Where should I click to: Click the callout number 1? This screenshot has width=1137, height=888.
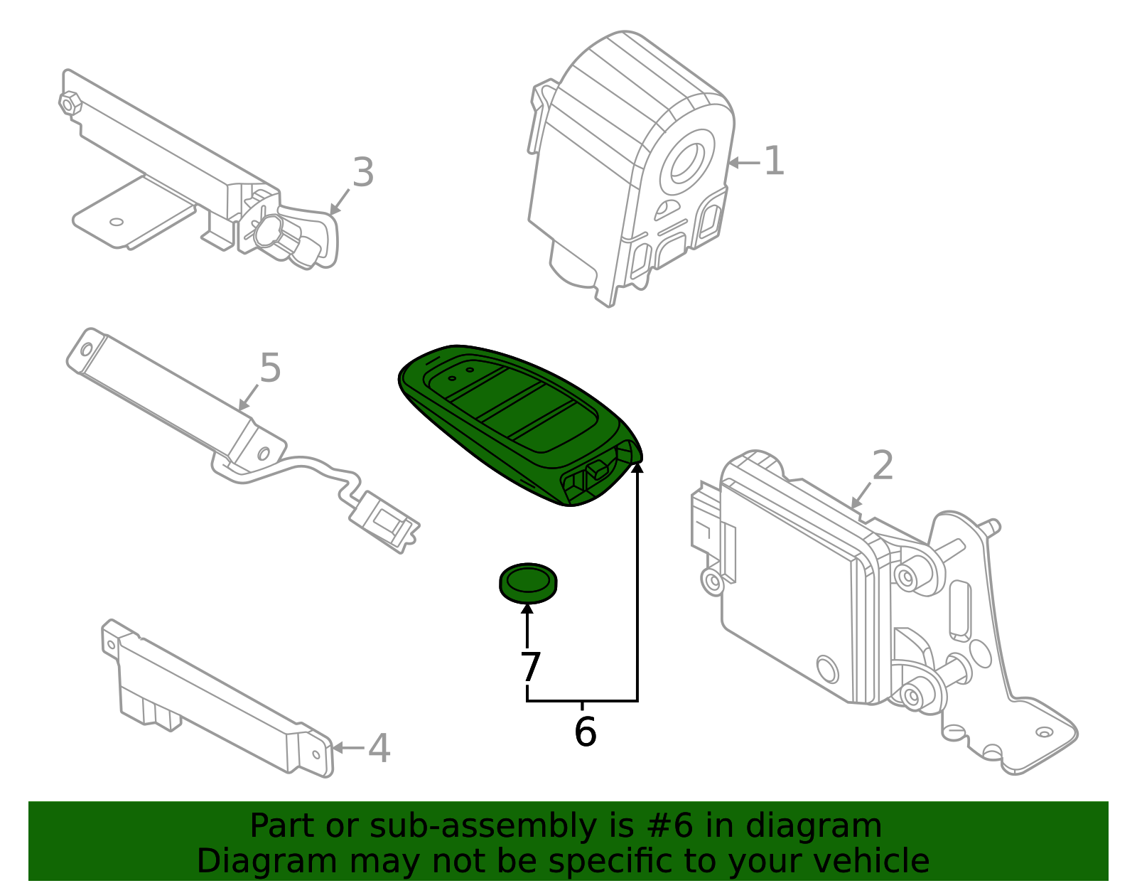[x=774, y=161]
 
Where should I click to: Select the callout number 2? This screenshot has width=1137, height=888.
[x=882, y=466]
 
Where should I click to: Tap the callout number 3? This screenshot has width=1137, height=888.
[x=362, y=173]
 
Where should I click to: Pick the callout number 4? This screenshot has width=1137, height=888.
[x=379, y=749]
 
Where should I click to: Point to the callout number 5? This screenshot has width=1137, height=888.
[x=270, y=368]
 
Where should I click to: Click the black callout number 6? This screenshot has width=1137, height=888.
[x=585, y=732]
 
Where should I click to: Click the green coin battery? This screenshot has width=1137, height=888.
[x=528, y=583]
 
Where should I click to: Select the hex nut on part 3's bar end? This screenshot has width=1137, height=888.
[x=70, y=104]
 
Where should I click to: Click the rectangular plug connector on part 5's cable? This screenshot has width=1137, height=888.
[x=384, y=523]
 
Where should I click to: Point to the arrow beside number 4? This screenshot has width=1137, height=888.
[x=347, y=748]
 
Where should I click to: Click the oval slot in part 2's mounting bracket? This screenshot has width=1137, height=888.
[x=959, y=608]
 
